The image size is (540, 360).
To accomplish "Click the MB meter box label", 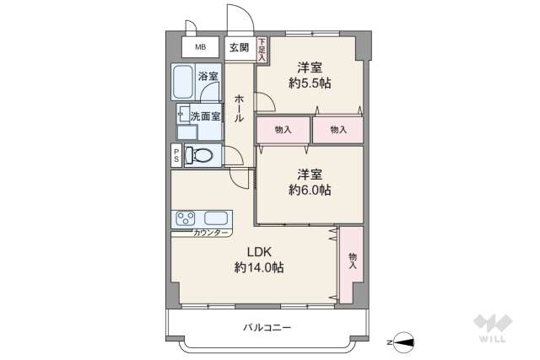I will coord(200,47).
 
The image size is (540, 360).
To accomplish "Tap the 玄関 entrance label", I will coord(239,47).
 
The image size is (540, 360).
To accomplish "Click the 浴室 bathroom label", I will coord(208,77).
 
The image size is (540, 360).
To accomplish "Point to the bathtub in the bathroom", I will coord(183,83).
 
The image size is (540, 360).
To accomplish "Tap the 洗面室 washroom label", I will coord(205,116).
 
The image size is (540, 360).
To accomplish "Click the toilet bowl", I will coord(198,155).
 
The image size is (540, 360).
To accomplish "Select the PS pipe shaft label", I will coord(175,155).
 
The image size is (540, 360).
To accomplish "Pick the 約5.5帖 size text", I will coord(309,83).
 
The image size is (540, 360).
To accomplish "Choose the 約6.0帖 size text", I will coord(309,191).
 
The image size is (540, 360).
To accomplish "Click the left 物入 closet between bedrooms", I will coord(283,130).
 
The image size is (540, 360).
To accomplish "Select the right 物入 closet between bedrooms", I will coord(338,130).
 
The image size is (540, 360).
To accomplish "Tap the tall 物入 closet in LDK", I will coord(352,261).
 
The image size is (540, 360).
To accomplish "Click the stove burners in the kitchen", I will coord(184,218).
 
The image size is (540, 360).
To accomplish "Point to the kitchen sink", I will coord(217,218).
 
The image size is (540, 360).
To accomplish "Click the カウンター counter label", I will coord(210,233).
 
